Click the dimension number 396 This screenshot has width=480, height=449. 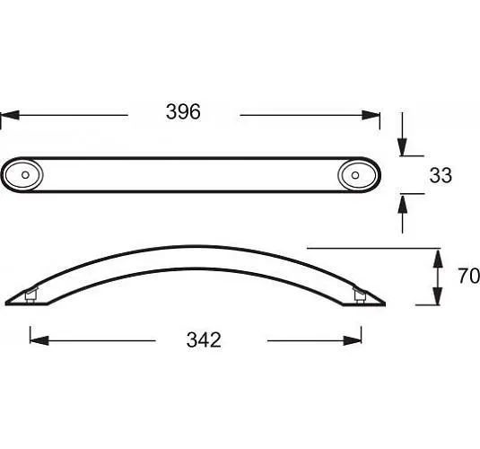[x=183, y=111]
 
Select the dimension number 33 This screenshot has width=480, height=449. [x=441, y=175]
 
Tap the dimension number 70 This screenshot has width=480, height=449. [x=468, y=276]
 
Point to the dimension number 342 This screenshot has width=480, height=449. [x=204, y=339]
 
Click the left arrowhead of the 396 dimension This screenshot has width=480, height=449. [x=10, y=115]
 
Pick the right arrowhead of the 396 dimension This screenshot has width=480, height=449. [x=371, y=115]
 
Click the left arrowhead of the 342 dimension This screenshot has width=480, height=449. [x=39, y=340]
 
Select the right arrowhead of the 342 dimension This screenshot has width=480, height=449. [x=352, y=340]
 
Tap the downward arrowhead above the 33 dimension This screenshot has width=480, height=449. [x=402, y=147]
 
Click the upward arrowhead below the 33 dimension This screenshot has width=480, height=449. [x=402, y=203]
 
